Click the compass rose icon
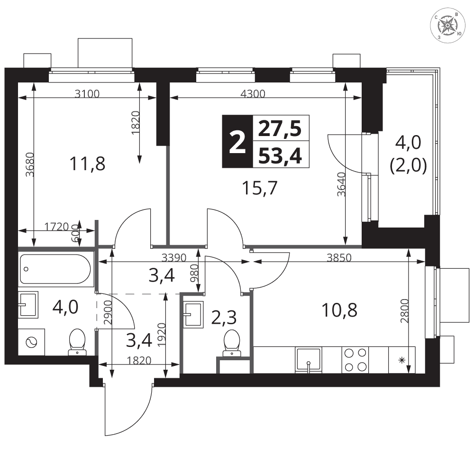tap(447, 26)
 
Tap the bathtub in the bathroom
tap(55, 269)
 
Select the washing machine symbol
tap(31, 342)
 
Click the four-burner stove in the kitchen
tap(355, 360)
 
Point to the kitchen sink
tap(308, 360)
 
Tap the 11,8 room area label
tap(87, 164)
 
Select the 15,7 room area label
tap(260, 188)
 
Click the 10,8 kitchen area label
tap(339, 310)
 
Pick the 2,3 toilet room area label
tap(224, 317)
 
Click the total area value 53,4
tap(280, 156)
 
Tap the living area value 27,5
tap(280, 128)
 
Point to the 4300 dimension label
tap(253, 94)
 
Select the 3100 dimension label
tap(87, 94)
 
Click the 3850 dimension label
tap(339, 257)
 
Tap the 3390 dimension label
tap(174, 257)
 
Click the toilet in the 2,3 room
tap(232, 343)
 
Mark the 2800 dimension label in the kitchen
tap(405, 311)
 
